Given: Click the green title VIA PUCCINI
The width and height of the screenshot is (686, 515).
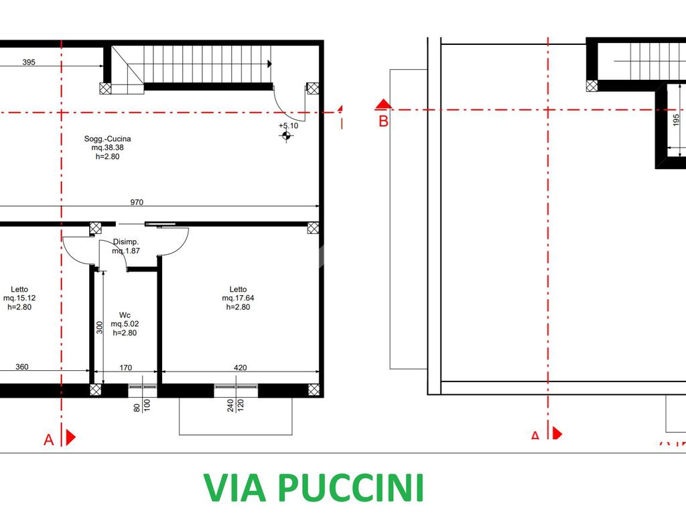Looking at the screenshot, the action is (314, 487).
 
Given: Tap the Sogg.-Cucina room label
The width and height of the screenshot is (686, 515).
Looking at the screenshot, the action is (108, 148).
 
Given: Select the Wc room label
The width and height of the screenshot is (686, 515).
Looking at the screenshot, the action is (125, 324).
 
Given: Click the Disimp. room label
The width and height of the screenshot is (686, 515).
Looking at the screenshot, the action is (126, 246).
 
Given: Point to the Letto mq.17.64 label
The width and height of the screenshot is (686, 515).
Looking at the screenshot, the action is (238, 298).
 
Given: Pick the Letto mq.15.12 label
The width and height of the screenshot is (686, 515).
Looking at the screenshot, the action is (19, 298).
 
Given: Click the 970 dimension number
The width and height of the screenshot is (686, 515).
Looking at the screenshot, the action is (137, 203).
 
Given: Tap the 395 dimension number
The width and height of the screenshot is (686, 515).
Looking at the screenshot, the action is (29, 62).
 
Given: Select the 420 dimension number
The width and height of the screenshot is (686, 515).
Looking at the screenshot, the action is (241, 368).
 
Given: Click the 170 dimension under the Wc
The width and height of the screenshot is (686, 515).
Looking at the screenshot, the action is (125, 368).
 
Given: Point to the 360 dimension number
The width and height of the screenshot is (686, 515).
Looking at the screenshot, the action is (22, 367).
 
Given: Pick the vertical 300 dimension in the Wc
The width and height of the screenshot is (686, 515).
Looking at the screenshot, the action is (99, 327).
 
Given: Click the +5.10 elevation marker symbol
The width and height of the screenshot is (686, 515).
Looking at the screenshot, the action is (286, 136).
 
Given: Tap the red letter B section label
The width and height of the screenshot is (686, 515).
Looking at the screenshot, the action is (383, 121).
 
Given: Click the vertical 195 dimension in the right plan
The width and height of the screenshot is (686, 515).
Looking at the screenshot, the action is (676, 119).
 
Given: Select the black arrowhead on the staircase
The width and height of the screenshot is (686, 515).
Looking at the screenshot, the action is (269, 64).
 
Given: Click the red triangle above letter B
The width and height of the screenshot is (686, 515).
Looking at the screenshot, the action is (384, 104).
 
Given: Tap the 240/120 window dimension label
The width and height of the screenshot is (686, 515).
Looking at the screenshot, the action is (235, 406).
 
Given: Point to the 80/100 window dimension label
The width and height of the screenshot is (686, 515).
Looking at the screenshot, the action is (142, 406).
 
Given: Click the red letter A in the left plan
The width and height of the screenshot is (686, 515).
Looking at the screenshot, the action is (48, 440).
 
